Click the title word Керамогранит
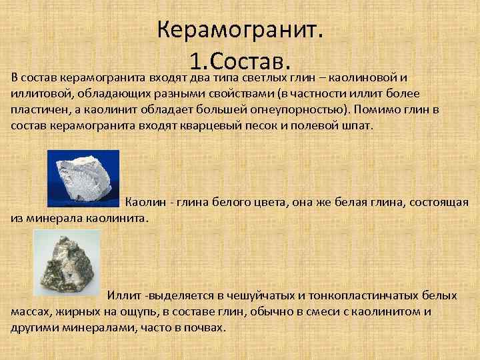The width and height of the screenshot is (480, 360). [240, 29]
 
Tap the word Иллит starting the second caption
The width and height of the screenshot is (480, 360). [123, 295]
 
